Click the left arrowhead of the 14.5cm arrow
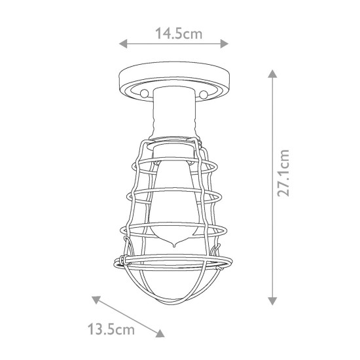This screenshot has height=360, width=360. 121,45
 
